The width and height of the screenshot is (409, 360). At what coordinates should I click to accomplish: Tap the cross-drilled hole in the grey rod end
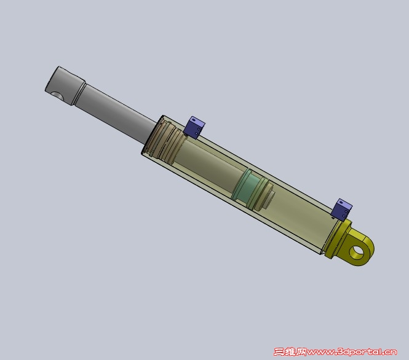pyautogui.click(x=57, y=96)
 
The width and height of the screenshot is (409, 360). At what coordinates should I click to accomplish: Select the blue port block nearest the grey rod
pyautogui.click(x=194, y=128)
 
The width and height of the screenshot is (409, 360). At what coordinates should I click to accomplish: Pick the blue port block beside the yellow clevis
pyautogui.click(x=341, y=209)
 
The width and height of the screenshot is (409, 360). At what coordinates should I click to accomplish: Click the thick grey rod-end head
pyautogui.click(x=65, y=85)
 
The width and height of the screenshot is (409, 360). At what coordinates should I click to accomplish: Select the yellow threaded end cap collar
pyautogui.click(x=336, y=239)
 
